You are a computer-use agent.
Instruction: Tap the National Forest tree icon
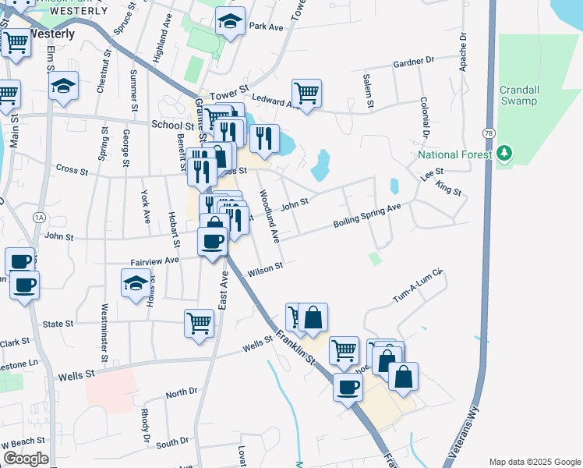505,153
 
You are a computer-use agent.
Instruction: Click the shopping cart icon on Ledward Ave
307,94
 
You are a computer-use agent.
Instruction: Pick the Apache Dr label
463,52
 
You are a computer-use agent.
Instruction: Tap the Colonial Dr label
426,117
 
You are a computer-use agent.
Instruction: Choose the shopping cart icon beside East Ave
200,323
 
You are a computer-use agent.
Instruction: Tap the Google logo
26,459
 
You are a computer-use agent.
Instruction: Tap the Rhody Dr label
145,427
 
